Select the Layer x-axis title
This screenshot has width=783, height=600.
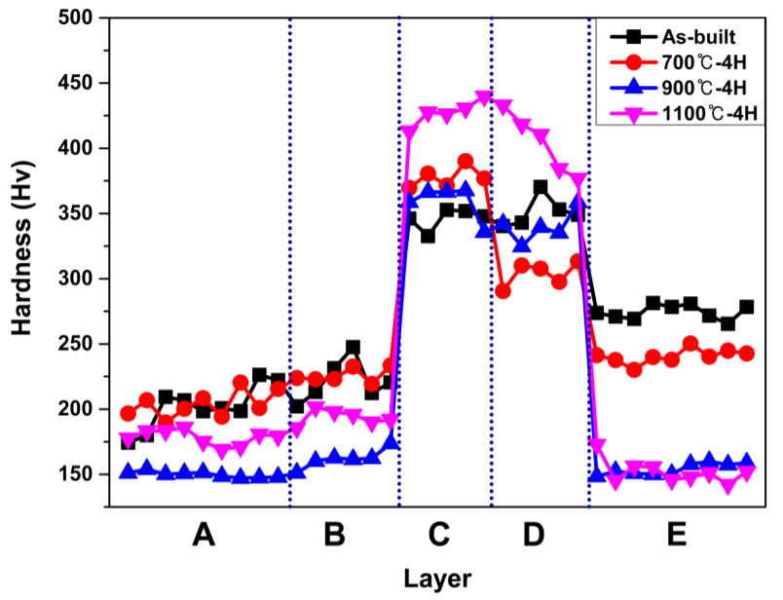tap(438, 579)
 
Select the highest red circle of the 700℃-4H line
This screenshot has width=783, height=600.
tap(466, 161)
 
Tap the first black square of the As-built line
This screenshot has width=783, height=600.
tap(129, 441)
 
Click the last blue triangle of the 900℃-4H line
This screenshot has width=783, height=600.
tap(746, 462)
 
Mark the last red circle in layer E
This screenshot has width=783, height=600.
tap(746, 354)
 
